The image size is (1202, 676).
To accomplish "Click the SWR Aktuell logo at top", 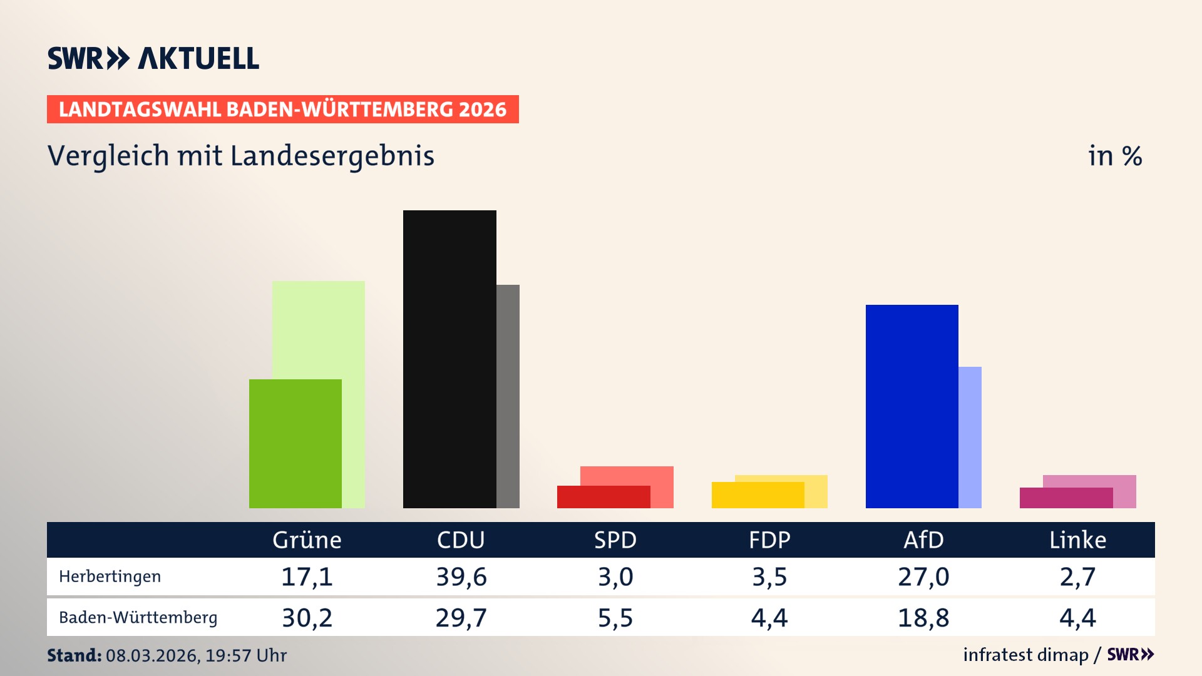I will click(153, 58).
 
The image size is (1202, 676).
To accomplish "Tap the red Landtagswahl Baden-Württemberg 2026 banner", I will click(282, 110).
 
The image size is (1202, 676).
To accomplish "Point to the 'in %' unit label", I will click(1114, 156).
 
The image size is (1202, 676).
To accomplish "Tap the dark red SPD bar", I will click(603, 497).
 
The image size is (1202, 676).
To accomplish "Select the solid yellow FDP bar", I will click(758, 495).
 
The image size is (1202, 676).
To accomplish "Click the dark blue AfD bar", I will click(912, 406).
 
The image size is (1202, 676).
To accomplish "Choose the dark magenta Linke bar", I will click(1066, 498).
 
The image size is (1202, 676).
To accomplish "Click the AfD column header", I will click(923, 540).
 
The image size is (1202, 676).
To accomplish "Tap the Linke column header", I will click(1077, 540).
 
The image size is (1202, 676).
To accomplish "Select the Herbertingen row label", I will click(110, 576).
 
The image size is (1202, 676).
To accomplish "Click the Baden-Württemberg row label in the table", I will click(138, 618).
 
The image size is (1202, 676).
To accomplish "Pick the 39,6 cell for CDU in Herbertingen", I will click(461, 576).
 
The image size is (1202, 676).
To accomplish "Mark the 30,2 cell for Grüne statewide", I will click(307, 618).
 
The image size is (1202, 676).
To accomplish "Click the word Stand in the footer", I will click(74, 655).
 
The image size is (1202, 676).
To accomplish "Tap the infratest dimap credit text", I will click(1025, 655).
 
